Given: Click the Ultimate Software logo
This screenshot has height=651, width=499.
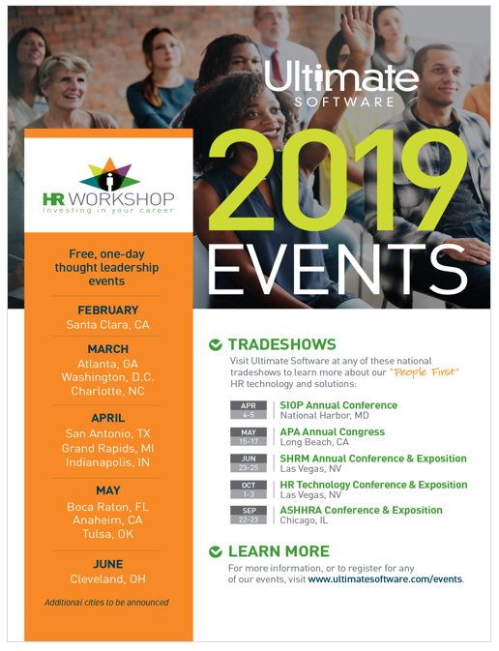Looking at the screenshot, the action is [341, 83].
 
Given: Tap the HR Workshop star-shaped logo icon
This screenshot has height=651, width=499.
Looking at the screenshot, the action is [109, 174].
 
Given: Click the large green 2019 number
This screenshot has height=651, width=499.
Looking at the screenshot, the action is [338, 181].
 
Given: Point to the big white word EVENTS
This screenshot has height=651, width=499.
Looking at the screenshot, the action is [338, 269].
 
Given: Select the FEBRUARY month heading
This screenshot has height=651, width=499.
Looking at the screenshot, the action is [108, 311].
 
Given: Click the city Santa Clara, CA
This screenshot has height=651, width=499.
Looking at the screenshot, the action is [108, 325].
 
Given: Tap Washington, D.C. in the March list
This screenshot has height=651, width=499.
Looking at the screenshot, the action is [108, 377].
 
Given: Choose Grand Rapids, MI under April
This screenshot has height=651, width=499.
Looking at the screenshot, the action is [108, 449].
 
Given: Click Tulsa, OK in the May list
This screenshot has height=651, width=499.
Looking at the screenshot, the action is [108, 534].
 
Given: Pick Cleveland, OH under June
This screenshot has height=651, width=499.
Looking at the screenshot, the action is [108, 579].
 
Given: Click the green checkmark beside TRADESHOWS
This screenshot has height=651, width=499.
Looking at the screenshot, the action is [215, 344].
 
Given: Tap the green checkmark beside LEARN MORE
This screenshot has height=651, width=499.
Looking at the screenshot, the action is [215, 551].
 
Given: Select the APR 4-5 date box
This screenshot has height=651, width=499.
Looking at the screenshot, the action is [249, 410].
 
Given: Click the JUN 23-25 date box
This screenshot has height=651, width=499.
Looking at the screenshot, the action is [249, 463].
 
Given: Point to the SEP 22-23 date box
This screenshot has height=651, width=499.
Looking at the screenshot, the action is [249, 515].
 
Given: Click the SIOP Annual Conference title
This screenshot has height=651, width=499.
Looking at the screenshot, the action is [338, 405].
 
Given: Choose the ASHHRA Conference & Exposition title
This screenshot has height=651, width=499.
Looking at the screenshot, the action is [361, 510].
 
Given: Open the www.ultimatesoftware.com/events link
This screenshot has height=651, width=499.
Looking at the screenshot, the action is [385, 579].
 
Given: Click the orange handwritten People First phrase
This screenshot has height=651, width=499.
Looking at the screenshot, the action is [425, 372].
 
